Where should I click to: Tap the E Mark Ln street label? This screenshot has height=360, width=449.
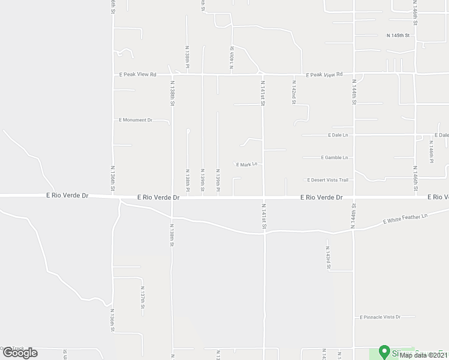point(246,164)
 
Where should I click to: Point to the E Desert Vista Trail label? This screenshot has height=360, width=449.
point(327,180)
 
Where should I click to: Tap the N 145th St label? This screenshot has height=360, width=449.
point(398,36)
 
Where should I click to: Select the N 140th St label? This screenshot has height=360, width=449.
point(231,58)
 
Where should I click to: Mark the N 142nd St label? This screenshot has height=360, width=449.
point(294,94)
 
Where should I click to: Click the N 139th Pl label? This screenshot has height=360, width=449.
point(218,183)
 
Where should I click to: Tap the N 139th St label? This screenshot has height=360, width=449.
point(203,180)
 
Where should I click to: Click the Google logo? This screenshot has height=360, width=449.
point(19,353)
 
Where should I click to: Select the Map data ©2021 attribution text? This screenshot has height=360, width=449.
point(424,355)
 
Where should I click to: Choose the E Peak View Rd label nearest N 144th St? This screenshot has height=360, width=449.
point(324,75)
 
